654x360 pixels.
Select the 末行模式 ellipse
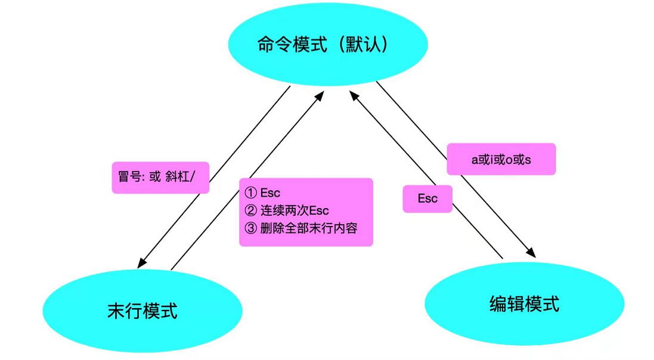click(142, 311)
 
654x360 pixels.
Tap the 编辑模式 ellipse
click(524, 304)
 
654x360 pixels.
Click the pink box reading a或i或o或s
click(501, 159)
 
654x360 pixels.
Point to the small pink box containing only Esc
click(427, 198)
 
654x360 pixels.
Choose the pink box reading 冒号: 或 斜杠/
click(160, 178)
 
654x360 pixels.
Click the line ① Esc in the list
click(263, 193)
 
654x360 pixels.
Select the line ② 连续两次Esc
click(287, 210)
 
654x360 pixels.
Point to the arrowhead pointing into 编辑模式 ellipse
click(531, 253)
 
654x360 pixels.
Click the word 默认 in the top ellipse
click(363, 45)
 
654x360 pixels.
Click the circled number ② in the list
click(250, 210)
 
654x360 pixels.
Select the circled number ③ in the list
click(250, 228)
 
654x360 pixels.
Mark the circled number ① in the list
click(250, 193)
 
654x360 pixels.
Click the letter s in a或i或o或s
click(528, 160)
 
